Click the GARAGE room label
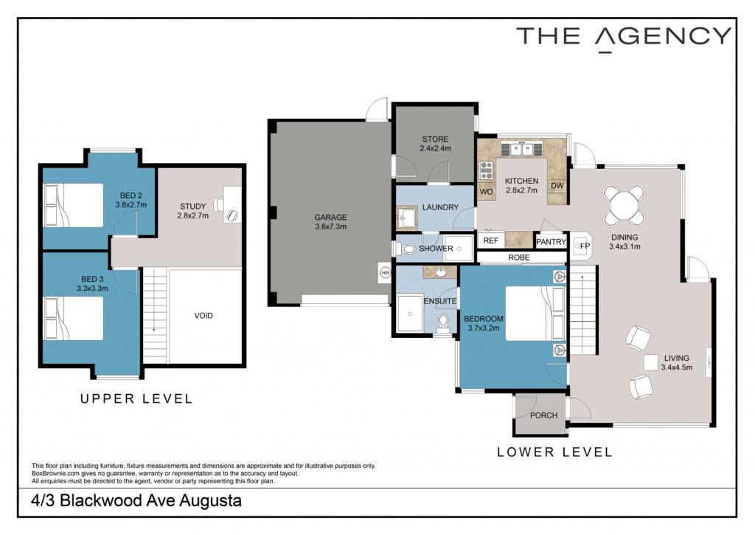(x=330, y=217)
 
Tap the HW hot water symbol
(x=385, y=273)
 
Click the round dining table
(x=624, y=206)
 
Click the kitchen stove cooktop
(x=487, y=170)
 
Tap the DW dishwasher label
(x=557, y=185)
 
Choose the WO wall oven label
(x=487, y=191)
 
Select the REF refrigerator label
(x=490, y=240)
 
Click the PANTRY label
(x=551, y=241)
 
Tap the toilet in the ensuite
(x=443, y=322)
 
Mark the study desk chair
(x=220, y=204)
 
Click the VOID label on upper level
(x=203, y=316)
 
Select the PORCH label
(x=543, y=415)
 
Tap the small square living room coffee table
(x=650, y=363)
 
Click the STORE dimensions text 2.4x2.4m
(x=435, y=148)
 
